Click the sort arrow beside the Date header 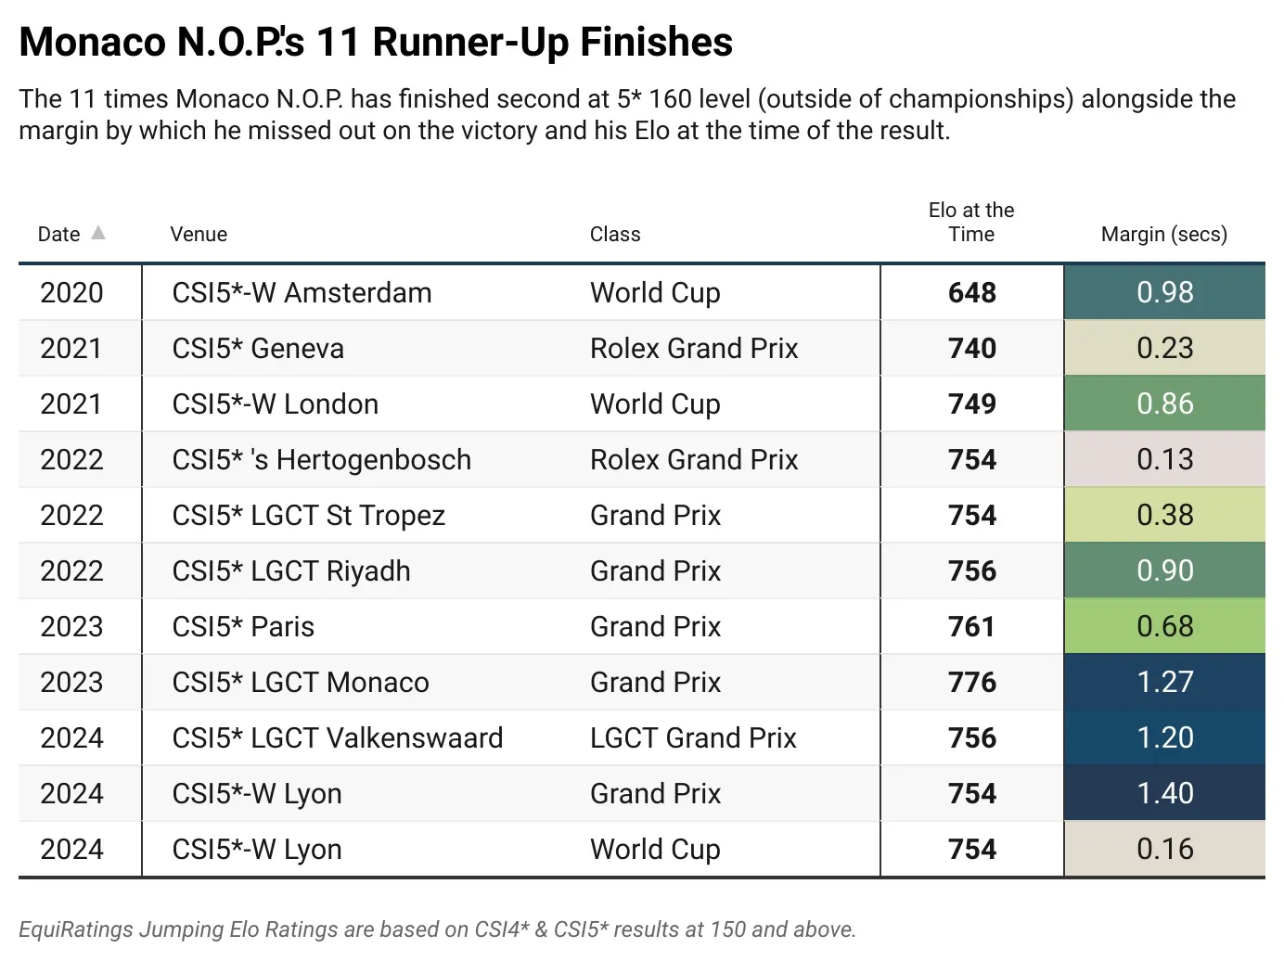point(98,233)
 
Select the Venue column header point(199,234)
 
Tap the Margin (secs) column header point(1163,234)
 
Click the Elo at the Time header point(971,223)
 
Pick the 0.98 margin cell point(1164,292)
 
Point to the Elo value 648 point(971,292)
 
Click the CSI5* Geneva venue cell point(258,348)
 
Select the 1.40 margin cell point(1164,793)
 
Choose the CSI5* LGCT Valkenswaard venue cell point(338,737)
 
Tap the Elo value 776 point(971,682)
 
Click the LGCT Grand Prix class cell point(693,737)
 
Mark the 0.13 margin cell point(1164,459)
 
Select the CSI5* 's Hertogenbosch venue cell point(321,459)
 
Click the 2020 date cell point(71,292)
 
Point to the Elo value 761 point(971,626)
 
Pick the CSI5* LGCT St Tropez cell point(308,515)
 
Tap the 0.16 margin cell point(1164,849)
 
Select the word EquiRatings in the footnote point(75,929)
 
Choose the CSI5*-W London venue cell point(275,404)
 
